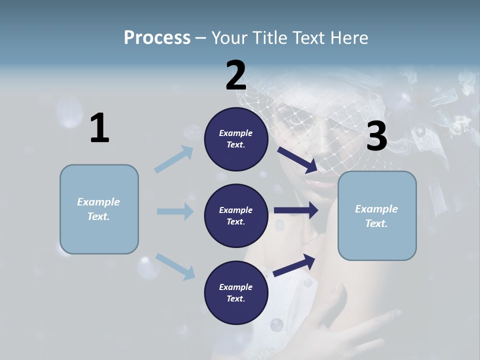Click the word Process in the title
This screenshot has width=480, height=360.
157,37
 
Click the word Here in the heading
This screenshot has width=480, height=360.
347,37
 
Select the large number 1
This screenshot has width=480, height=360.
99,128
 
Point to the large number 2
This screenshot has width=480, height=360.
235,75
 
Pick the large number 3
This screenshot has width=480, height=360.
376,136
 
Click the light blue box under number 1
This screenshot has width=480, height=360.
99,209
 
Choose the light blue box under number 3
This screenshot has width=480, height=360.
377,216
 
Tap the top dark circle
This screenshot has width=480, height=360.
236,139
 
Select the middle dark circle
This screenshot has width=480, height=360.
236,215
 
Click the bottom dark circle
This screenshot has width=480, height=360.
236,292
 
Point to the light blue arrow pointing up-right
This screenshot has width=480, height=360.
174,159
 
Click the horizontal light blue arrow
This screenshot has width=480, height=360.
175,211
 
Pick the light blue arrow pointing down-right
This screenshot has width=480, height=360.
175,266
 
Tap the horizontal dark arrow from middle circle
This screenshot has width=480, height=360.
296,210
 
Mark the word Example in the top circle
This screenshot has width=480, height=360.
236,133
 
